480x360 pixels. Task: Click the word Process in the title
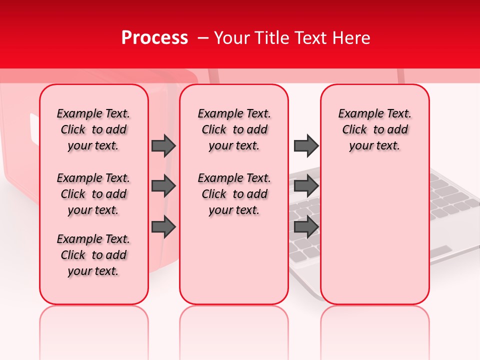154,38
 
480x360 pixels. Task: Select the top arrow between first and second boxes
163,145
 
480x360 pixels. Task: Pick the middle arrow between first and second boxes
163,186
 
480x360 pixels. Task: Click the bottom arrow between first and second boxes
163,226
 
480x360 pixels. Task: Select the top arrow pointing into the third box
306,145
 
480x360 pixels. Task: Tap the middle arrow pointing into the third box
306,186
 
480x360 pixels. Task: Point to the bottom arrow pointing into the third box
306,226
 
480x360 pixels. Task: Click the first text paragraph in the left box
93,129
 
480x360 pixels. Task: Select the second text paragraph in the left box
93,194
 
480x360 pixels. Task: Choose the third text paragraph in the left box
93,255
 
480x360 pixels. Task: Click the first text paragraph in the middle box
234,129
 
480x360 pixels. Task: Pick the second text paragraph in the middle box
234,194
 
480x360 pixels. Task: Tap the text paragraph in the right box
375,129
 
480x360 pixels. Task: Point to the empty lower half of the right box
375,235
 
